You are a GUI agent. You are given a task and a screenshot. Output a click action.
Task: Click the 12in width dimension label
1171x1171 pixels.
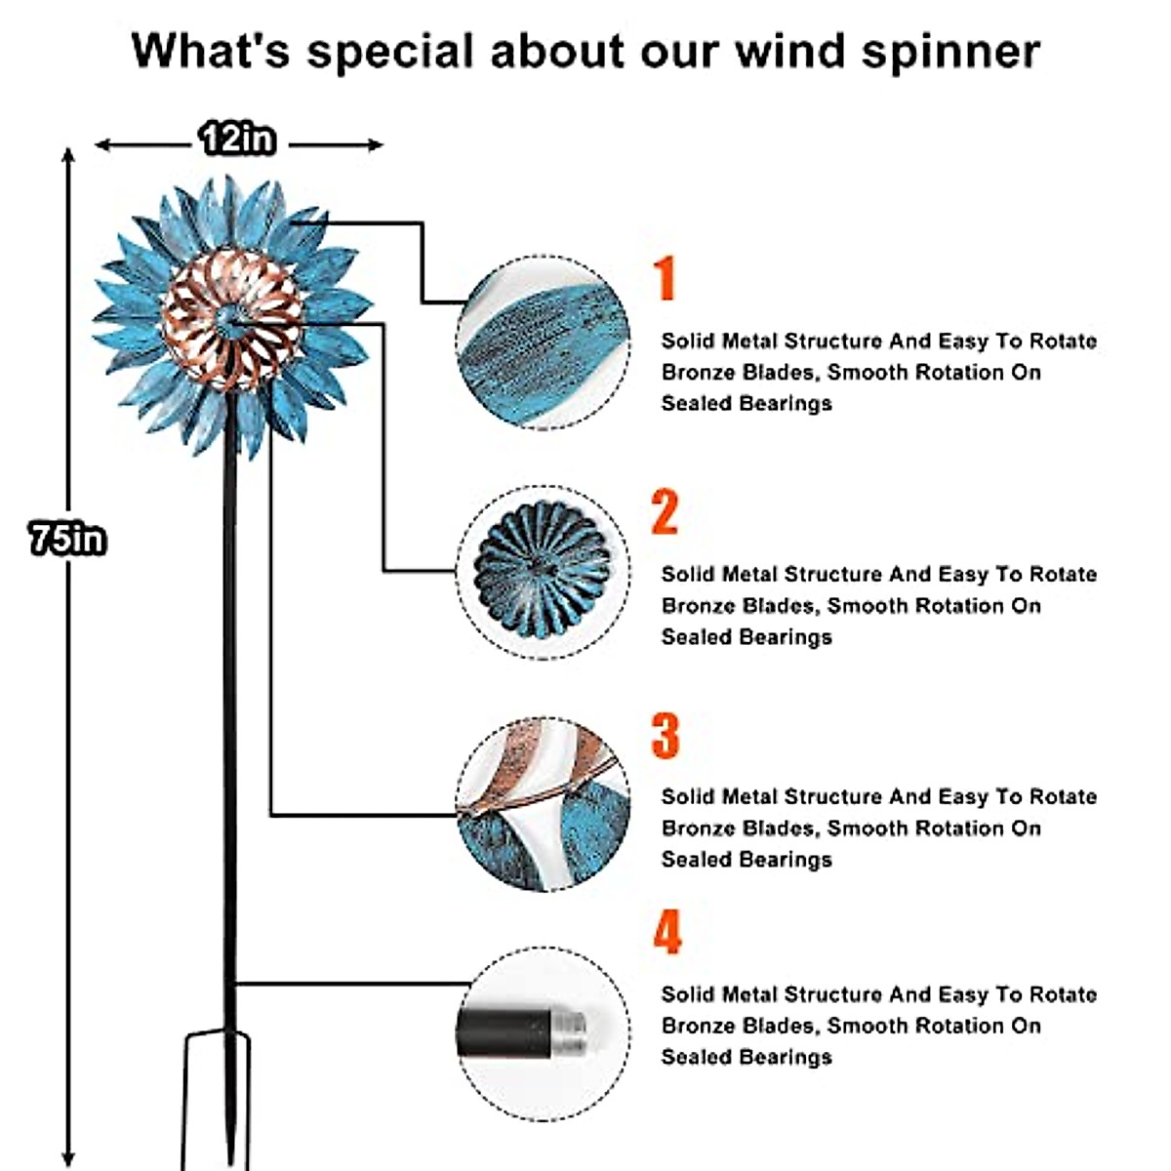[237, 139]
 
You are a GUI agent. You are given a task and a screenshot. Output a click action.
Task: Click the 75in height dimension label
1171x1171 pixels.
[67, 539]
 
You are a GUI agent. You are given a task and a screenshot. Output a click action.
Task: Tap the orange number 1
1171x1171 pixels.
[665, 278]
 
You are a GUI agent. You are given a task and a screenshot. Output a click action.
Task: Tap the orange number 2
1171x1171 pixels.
[665, 511]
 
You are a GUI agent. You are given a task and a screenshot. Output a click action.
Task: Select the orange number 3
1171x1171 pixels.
[665, 735]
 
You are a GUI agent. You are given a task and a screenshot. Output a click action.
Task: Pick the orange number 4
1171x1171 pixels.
[666, 932]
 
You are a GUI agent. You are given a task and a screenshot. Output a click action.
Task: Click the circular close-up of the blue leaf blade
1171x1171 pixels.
[543, 342]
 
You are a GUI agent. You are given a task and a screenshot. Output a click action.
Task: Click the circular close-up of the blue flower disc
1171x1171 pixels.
[543, 571]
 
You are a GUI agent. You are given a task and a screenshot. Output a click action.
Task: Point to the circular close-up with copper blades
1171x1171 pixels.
[543, 803]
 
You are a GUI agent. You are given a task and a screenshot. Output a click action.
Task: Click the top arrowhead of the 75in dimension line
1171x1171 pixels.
[67, 154]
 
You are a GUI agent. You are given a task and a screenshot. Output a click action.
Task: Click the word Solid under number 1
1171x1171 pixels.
[687, 341]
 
